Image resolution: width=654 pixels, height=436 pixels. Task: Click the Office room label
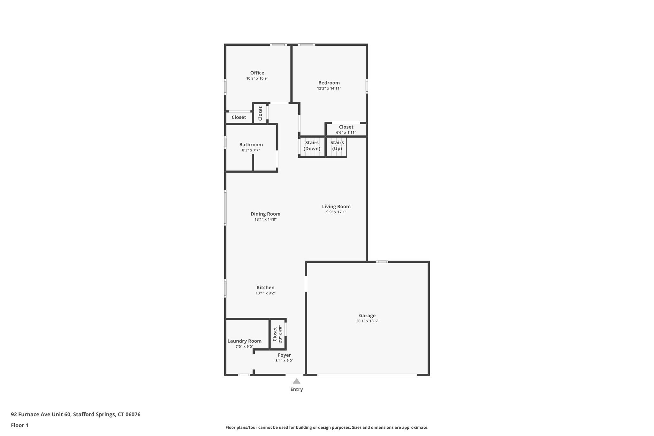point(257,73)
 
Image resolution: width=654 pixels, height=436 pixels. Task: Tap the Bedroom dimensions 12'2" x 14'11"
point(329,88)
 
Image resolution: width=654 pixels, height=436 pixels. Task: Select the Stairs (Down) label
point(312,146)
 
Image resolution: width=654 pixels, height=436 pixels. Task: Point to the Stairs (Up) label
point(337,146)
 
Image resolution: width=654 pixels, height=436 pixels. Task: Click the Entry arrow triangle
point(296,381)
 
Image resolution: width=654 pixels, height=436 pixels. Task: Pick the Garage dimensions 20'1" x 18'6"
point(367,321)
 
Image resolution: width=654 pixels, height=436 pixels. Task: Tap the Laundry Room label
point(244,341)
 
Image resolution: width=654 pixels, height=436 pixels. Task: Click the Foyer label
point(284,355)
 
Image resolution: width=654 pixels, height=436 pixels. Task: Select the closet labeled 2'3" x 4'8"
point(277,334)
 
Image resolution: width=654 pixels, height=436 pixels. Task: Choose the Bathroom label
point(251,145)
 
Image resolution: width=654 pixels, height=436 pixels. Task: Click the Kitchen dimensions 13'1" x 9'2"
point(265,293)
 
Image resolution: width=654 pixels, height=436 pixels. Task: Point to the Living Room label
point(336,207)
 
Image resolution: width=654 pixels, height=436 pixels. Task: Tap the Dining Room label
point(265,214)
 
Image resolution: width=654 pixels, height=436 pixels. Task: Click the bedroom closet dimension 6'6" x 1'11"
point(346,133)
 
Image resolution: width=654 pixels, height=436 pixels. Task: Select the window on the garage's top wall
point(382,262)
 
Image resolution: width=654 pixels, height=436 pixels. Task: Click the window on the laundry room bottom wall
point(244,375)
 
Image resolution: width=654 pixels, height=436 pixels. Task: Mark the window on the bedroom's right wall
point(367,86)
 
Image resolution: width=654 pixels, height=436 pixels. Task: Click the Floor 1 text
point(19,425)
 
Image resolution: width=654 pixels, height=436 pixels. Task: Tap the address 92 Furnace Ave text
point(76,414)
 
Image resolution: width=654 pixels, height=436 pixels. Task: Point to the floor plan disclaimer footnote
point(327,427)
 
